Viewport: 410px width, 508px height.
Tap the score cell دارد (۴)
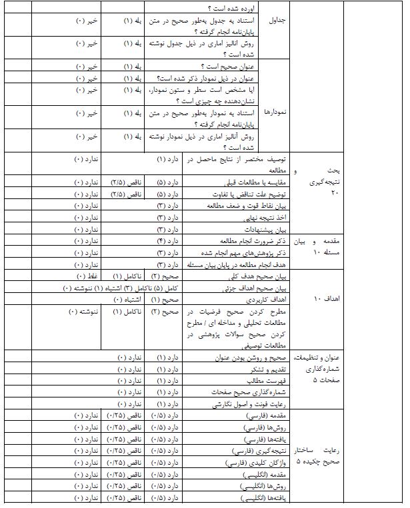pyautogui.click(x=164, y=240)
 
